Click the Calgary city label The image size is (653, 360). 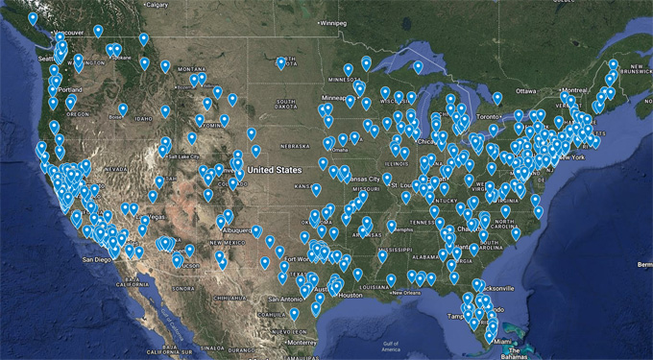(157, 5)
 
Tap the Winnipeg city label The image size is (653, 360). (333, 22)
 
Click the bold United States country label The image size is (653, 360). (275, 169)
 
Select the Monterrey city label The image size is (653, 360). (304, 342)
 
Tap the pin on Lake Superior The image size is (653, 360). (417, 66)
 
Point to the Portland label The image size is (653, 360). (68, 90)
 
